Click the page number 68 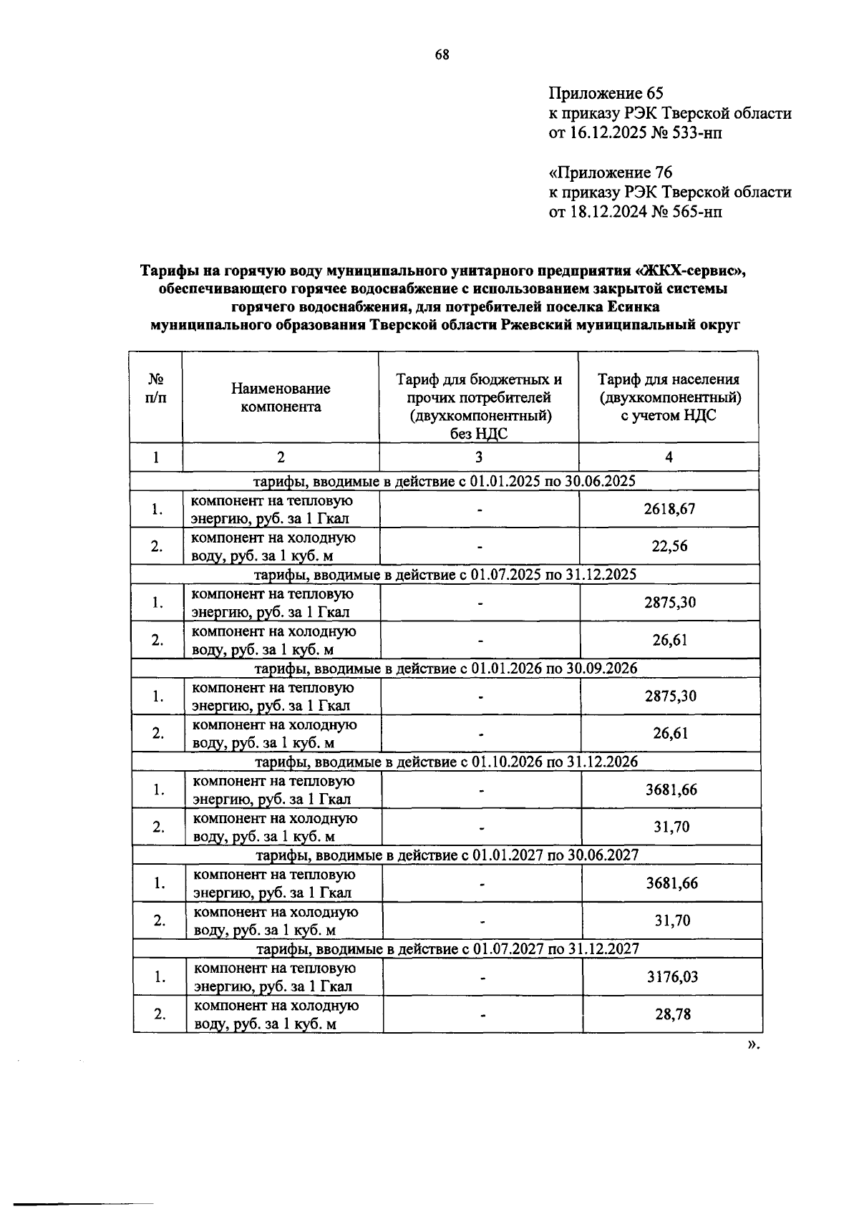[442, 55]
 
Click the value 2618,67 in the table [669, 509]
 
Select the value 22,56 [669, 546]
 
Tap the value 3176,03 [671, 977]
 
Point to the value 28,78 [673, 1014]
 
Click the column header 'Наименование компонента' [281, 397]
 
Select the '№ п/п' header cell [155, 389]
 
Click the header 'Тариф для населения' [669, 380]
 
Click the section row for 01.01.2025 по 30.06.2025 [445, 481]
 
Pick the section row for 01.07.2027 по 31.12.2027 [447, 949]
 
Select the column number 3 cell [478, 457]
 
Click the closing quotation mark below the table [751, 1044]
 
